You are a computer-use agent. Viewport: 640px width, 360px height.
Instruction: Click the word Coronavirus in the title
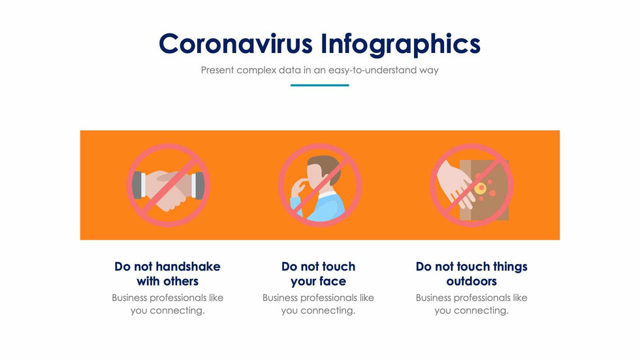point(236,44)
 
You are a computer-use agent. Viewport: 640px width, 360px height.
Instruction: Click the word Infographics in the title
point(400,44)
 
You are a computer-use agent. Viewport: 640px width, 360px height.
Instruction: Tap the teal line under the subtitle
point(319,86)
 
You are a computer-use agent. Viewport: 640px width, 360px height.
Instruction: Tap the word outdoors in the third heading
point(472,281)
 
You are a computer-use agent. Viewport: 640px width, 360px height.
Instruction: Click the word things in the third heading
point(510,267)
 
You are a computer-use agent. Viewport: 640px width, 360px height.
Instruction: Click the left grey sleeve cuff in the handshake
point(138,186)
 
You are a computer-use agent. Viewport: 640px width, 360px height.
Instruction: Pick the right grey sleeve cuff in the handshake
point(198,186)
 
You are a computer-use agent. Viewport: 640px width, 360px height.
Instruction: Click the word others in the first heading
point(180,281)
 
